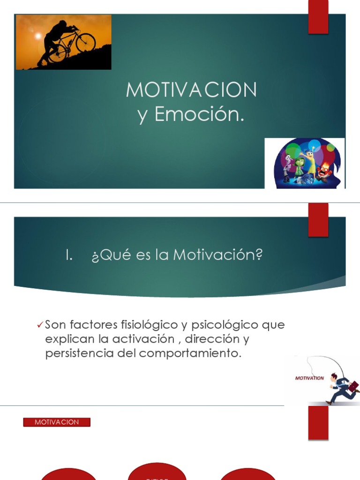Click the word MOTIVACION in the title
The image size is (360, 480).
[x=191, y=90]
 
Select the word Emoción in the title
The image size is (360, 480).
[x=199, y=114]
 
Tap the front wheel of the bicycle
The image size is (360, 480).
[x=85, y=42]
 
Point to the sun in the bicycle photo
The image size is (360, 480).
[x=37, y=36]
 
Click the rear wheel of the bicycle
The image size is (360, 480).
[x=57, y=53]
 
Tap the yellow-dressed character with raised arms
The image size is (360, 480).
[x=310, y=159]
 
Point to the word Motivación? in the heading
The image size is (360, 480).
[x=218, y=255]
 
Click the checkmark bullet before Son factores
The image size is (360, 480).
[x=40, y=325]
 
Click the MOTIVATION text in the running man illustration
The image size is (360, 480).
[x=309, y=378]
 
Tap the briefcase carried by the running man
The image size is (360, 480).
[x=354, y=386]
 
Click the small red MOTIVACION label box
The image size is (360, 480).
[x=57, y=422]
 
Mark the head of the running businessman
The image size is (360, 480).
[x=334, y=377]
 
